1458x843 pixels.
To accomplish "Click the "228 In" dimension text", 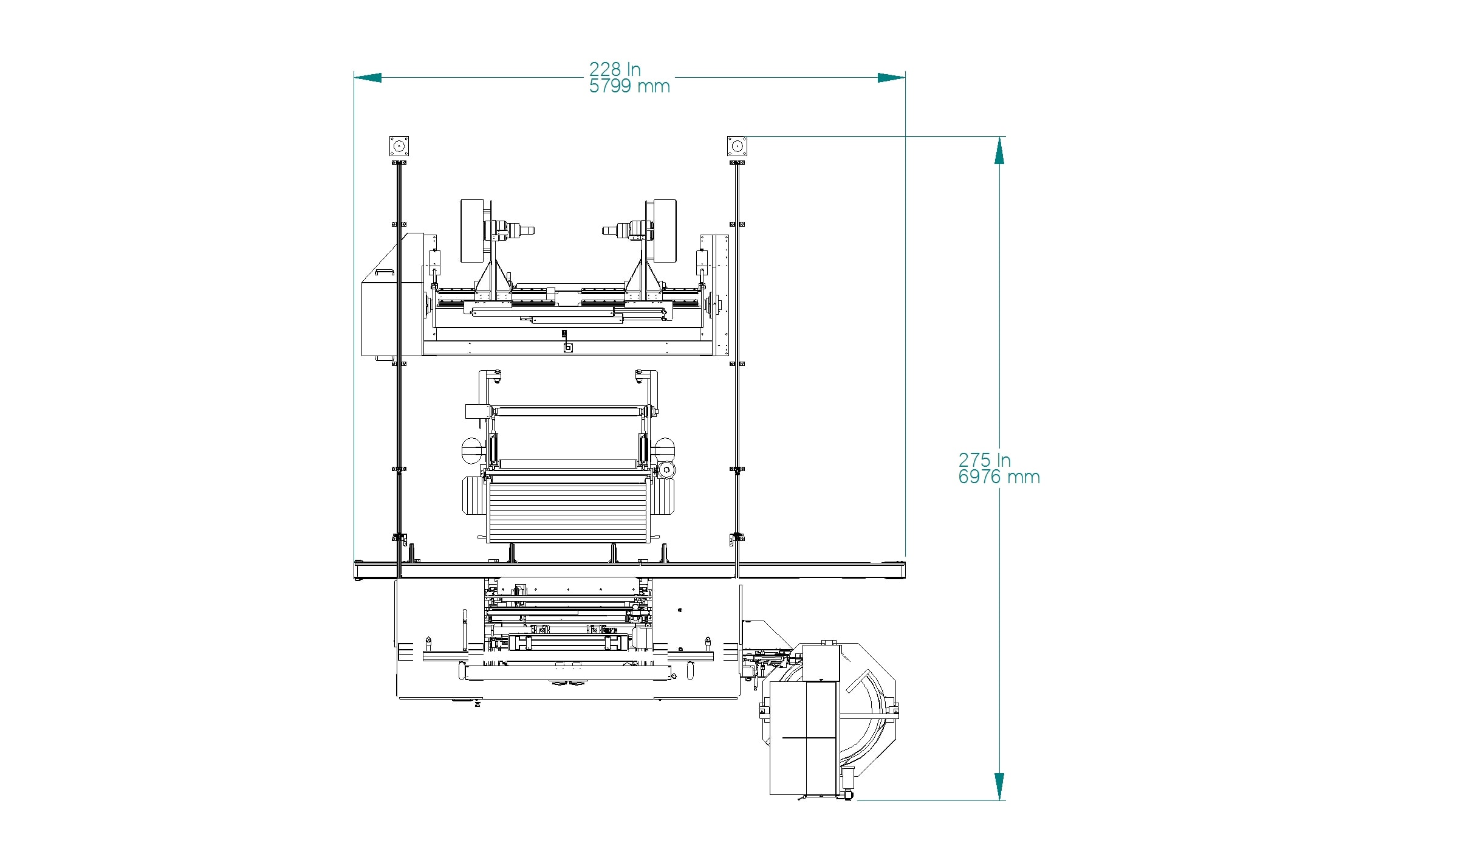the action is tap(615, 69).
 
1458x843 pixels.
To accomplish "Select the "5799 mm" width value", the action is tap(629, 86).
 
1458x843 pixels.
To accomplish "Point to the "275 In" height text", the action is tap(984, 460).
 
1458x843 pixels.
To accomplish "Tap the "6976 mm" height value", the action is tap(999, 477).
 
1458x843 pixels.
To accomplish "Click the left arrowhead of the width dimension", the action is tap(368, 78).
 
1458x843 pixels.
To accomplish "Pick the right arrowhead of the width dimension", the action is tap(891, 78).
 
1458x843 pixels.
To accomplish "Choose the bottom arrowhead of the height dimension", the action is tap(999, 786).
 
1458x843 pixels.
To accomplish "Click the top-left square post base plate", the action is tap(399, 146).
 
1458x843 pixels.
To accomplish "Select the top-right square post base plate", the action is tap(737, 146).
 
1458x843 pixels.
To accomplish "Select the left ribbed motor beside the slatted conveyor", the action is tap(475, 496).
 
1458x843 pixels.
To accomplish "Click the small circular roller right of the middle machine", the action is tap(666, 470).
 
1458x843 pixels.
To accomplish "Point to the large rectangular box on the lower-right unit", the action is tap(804, 738).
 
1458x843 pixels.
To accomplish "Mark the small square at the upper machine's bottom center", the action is tap(568, 348).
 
